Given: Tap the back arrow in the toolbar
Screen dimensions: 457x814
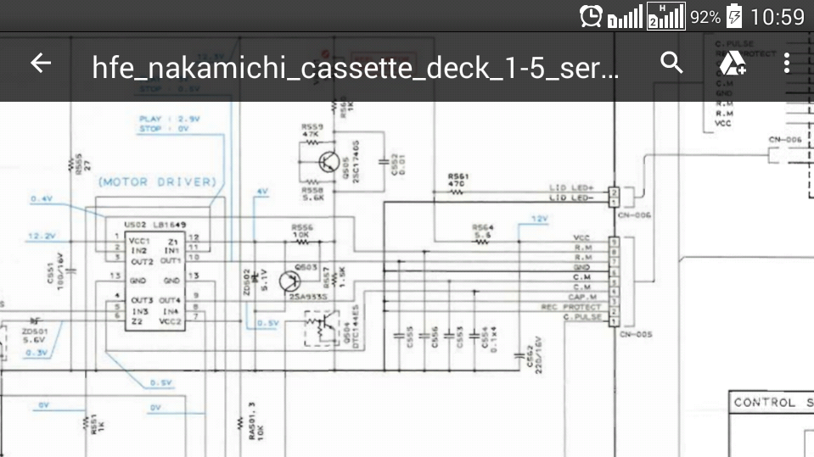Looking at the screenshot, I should click(x=41, y=64).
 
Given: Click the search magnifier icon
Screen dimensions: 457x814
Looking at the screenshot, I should click(x=671, y=63).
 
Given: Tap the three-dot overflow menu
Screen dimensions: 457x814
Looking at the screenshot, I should click(x=787, y=63).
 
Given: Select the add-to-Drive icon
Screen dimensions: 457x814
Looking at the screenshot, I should click(x=732, y=63).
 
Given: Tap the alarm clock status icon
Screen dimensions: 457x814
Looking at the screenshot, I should click(x=591, y=16).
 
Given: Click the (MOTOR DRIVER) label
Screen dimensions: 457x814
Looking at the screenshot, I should click(x=157, y=181).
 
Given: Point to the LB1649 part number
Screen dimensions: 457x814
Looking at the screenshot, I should click(x=169, y=225).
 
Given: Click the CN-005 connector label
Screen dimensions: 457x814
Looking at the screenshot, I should click(x=635, y=335).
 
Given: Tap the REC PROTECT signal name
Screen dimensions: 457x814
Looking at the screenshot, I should click(x=571, y=307).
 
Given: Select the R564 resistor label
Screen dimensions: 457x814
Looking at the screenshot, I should click(x=482, y=228).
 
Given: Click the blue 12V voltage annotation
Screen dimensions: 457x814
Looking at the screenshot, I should click(x=540, y=219).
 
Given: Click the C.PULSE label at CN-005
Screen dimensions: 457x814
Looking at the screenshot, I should click(x=582, y=316).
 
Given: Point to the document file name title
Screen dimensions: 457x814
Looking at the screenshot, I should click(x=356, y=67).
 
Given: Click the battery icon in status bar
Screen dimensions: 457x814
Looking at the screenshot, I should click(x=734, y=16).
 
